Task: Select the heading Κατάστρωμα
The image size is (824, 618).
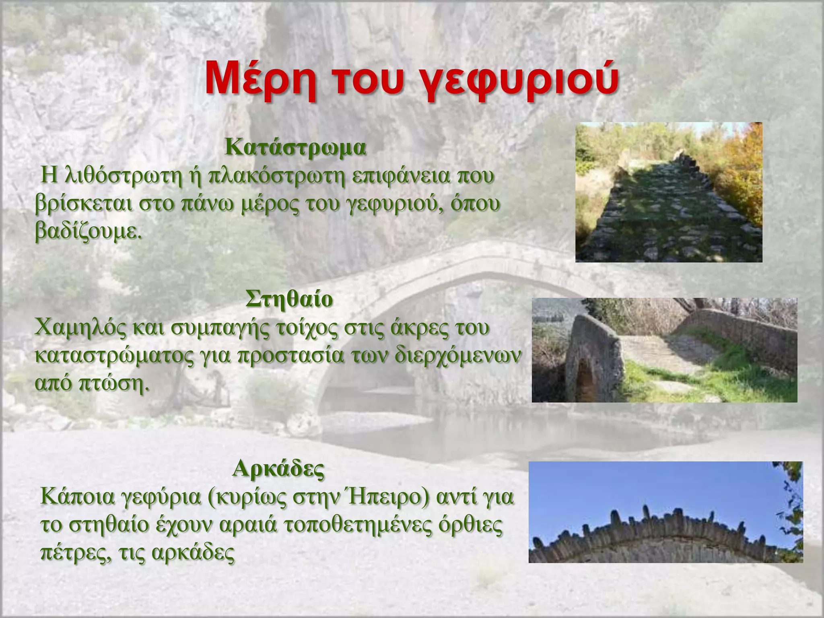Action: pyautogui.click(x=295, y=148)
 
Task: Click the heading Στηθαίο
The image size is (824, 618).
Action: pyautogui.click(x=289, y=299)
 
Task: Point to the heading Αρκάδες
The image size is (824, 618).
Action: pyautogui.click(x=278, y=468)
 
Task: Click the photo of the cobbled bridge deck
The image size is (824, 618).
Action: pyautogui.click(x=669, y=192)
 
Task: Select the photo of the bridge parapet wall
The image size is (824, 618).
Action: pyautogui.click(x=664, y=350)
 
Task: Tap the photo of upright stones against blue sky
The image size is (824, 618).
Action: pyautogui.click(x=665, y=512)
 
